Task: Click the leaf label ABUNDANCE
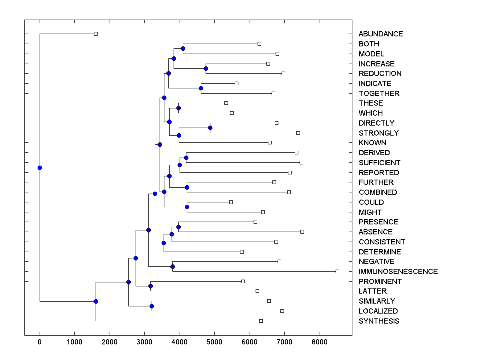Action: (380, 34)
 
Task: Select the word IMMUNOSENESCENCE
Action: (398, 272)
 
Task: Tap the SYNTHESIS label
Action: (379, 321)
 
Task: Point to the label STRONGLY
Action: (378, 133)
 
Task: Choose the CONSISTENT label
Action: (382, 242)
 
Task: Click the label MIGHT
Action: (370, 212)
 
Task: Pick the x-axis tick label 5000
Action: (214, 342)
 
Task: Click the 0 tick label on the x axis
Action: (40, 342)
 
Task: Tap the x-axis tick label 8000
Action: (320, 342)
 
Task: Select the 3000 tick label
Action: (144, 342)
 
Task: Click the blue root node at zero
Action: (40, 168)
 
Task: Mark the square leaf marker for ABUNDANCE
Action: (96, 34)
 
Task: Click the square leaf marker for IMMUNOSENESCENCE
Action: (337, 271)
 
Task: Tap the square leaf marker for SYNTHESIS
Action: (261, 321)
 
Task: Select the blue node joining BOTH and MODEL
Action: (183, 49)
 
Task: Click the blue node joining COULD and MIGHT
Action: (187, 207)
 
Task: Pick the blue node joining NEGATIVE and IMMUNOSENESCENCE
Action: (172, 266)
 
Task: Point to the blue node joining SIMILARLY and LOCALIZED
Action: (152, 306)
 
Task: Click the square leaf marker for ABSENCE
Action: (302, 232)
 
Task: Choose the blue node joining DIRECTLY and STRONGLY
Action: (210, 128)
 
